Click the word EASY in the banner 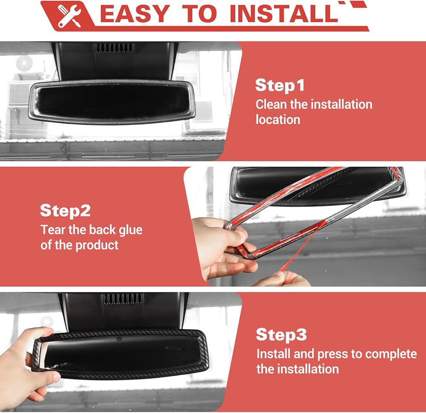(x=135, y=14)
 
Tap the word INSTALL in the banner (x=284, y=14)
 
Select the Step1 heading (x=280, y=85)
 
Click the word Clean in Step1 (x=271, y=105)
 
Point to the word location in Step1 (x=278, y=120)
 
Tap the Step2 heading (x=65, y=211)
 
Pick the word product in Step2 (x=97, y=246)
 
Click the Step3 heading (x=281, y=334)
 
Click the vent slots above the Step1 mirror (x=114, y=48)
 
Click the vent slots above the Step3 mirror (x=123, y=299)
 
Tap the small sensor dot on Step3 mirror (x=119, y=339)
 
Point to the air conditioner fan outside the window (x=24, y=64)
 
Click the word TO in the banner (x=200, y=14)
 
